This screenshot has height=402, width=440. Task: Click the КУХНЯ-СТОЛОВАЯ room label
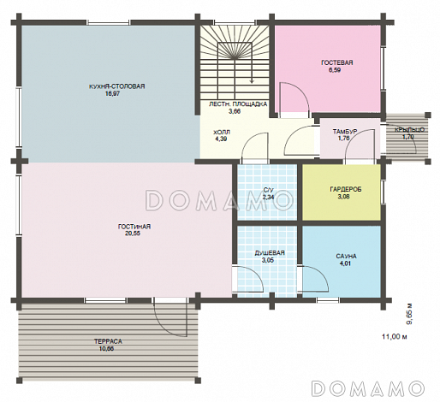(x=116, y=86)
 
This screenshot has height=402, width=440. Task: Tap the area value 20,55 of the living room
(x=134, y=234)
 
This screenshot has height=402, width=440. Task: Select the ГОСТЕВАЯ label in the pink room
(x=337, y=62)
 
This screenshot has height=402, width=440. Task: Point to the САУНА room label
(x=346, y=257)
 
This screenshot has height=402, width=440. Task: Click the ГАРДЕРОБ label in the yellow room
(x=343, y=190)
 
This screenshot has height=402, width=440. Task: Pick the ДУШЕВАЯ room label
(x=270, y=253)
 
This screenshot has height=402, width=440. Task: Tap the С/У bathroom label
(x=268, y=190)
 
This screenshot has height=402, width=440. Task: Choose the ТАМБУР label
(x=345, y=132)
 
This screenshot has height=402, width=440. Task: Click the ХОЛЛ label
(x=222, y=133)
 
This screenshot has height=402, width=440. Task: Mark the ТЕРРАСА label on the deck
(x=108, y=341)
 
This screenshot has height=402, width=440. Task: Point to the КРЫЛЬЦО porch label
(x=410, y=130)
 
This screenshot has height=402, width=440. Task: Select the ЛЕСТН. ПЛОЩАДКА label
(x=238, y=104)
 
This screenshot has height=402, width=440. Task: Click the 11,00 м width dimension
(x=395, y=337)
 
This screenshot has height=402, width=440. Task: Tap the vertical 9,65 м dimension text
(x=410, y=314)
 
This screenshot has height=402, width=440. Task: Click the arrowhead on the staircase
(x=252, y=80)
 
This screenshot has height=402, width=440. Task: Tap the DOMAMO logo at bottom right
(x=367, y=387)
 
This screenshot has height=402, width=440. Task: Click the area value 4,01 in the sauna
(x=346, y=263)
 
